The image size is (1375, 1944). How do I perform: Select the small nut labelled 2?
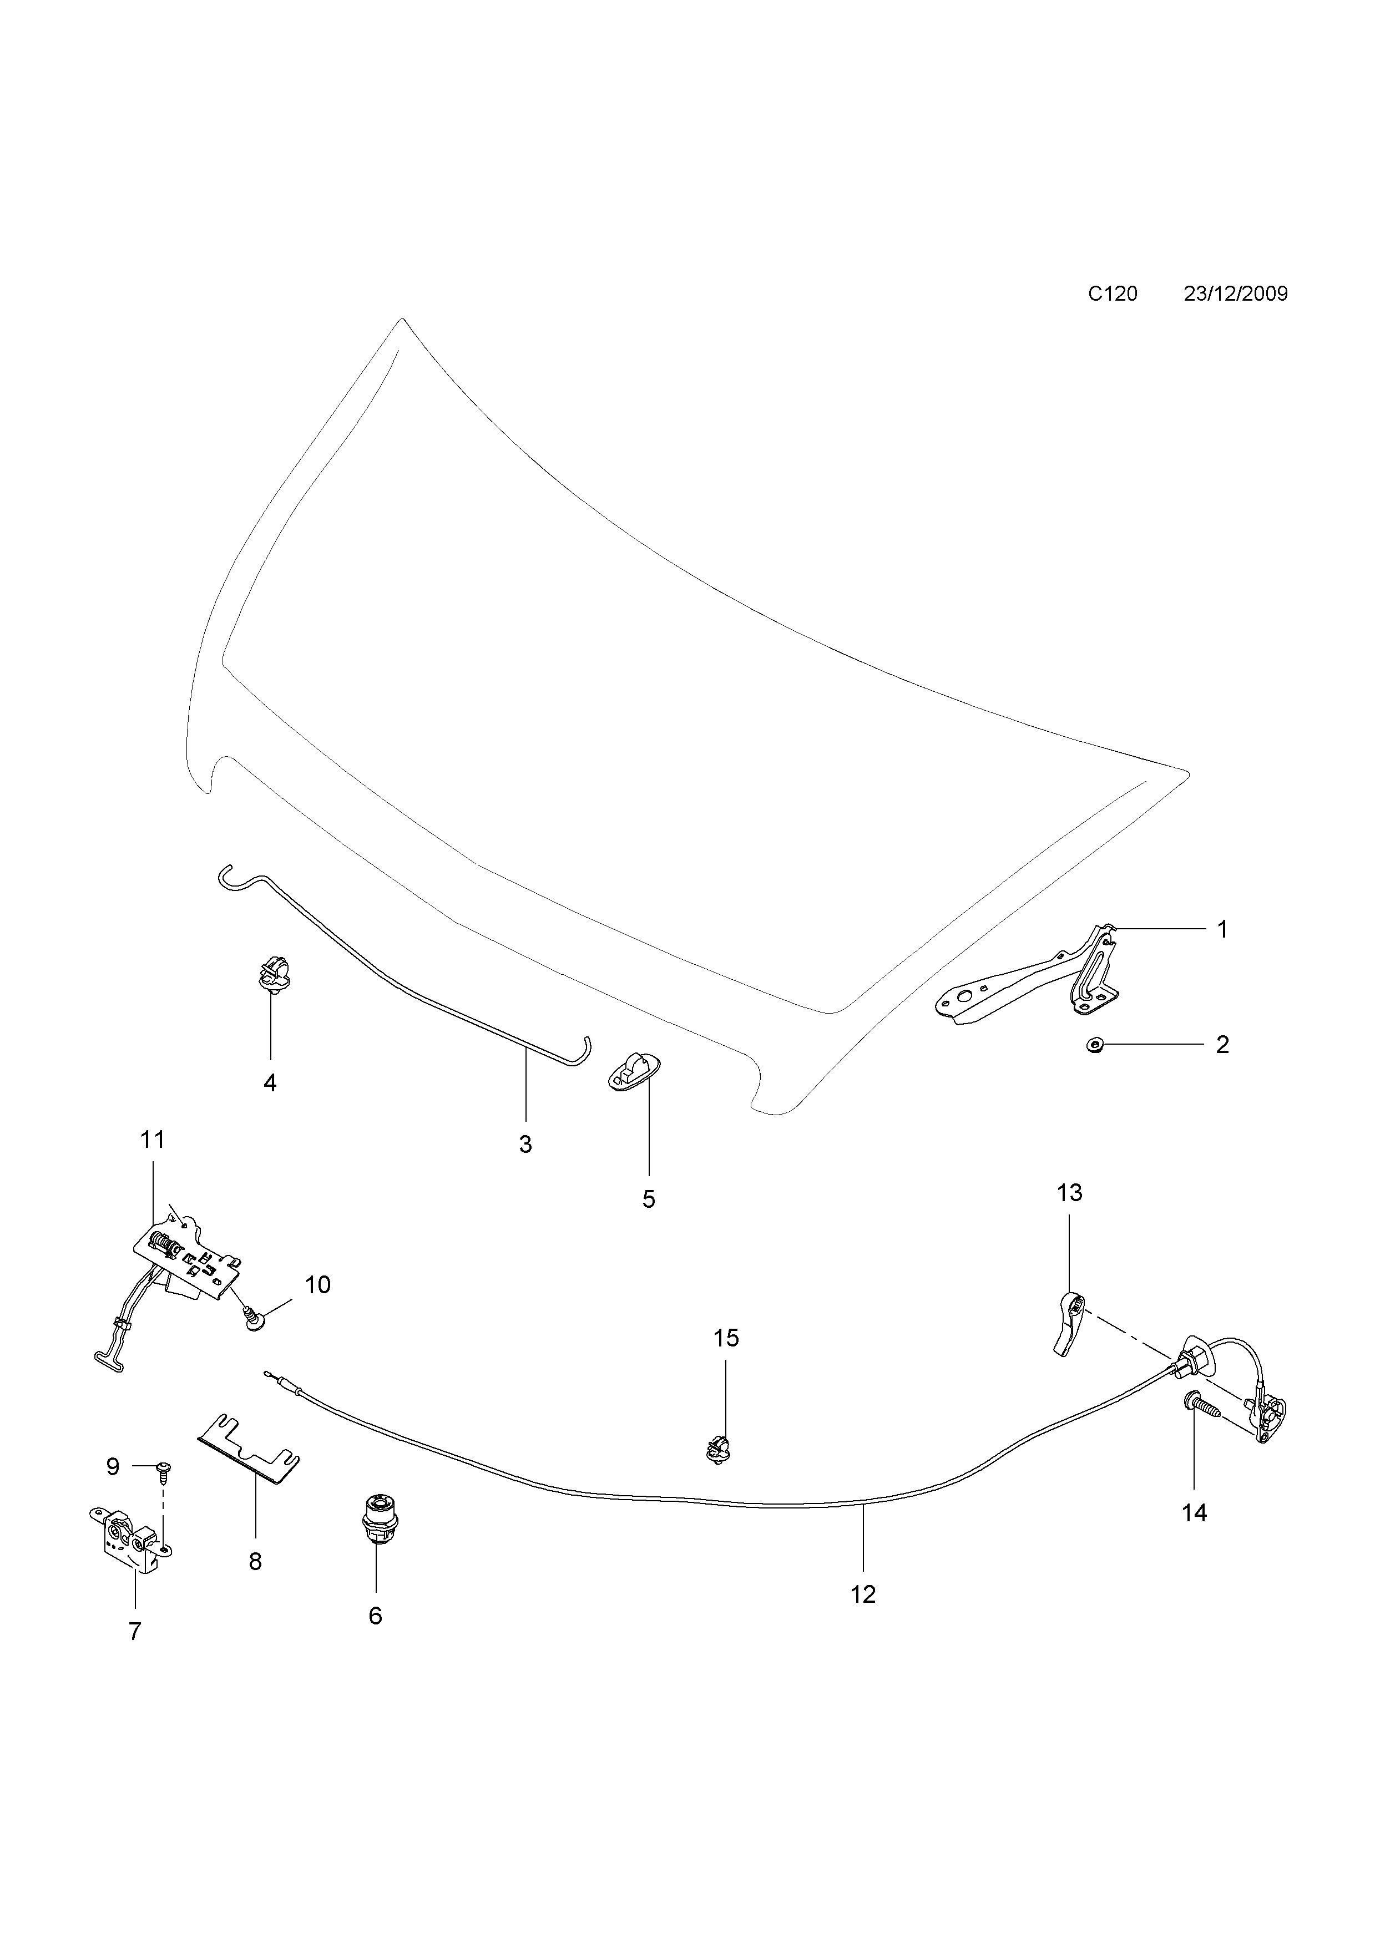point(1094,1046)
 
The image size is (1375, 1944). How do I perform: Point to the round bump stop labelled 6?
point(376,1524)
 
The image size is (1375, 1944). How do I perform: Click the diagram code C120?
point(1111,294)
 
